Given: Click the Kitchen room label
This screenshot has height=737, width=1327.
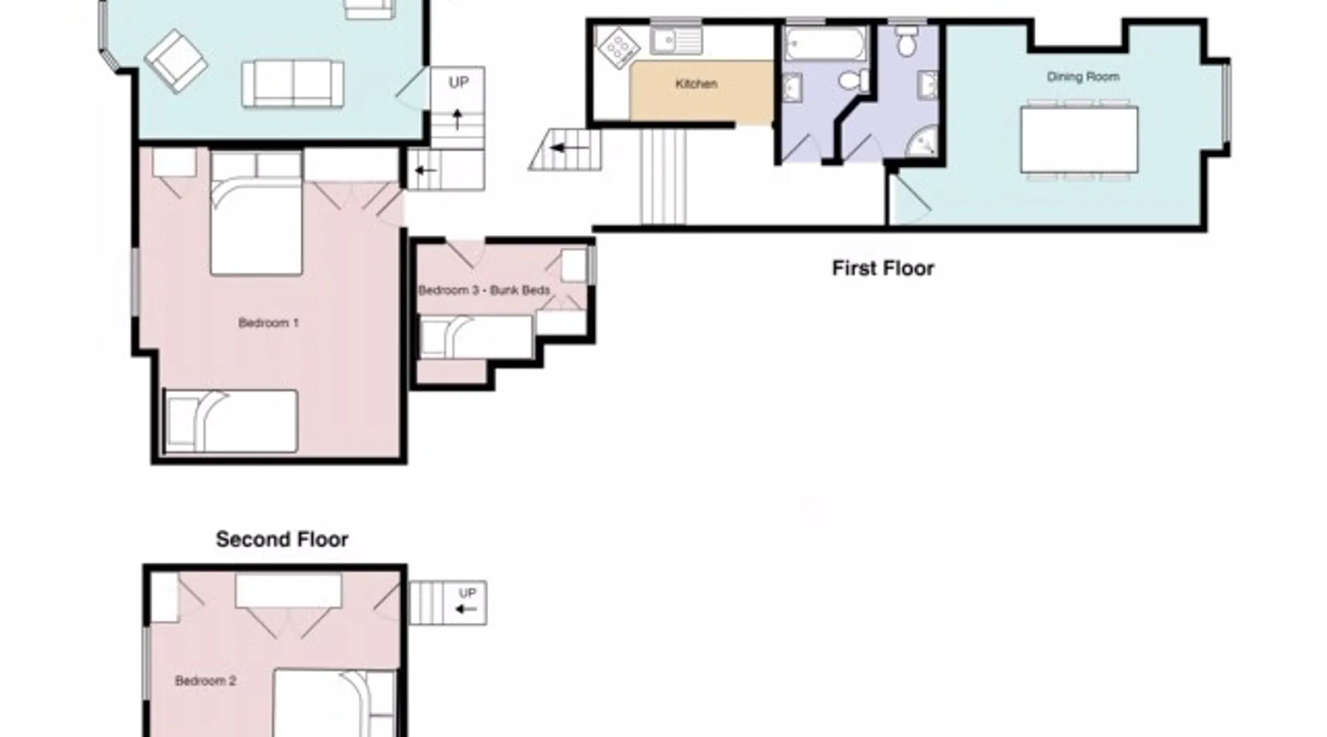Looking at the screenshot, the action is point(696,84).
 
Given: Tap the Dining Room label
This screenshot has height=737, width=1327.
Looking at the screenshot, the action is point(1083,77).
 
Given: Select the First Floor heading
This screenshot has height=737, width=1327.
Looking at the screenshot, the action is point(882,268).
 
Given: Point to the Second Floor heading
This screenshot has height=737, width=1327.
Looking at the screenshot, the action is point(282,539).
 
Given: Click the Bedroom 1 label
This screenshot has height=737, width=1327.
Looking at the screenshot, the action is point(268,323).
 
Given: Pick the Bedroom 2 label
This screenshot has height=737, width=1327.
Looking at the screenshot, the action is point(206,681).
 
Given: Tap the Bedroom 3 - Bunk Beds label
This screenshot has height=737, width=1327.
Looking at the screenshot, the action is point(484,290).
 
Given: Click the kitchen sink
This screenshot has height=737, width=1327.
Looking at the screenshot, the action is point(676,41).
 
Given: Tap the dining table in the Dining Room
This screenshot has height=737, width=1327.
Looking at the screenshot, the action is point(1079,140).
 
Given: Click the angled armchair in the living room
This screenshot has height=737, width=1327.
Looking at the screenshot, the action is point(176,60).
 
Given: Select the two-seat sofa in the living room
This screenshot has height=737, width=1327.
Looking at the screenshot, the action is point(293,83).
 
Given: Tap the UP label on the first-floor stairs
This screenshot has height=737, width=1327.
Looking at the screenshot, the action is point(459,82).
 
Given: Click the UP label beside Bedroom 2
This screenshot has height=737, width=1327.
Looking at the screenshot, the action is point(467,593).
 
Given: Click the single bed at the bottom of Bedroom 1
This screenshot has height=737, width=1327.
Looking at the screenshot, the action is point(231,421).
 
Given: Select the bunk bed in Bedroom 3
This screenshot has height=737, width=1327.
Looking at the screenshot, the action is point(476,338).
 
